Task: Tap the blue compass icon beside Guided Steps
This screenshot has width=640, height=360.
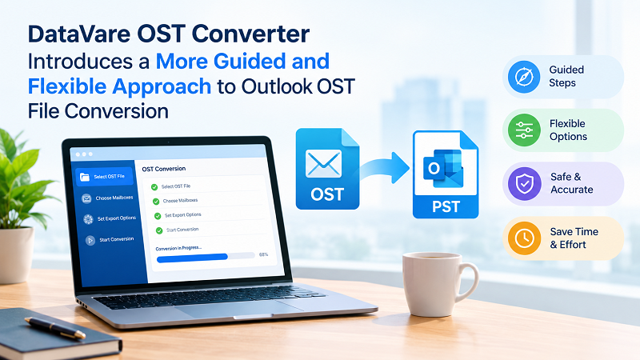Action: pos(524,76)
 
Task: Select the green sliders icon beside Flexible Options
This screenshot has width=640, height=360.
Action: pos(524,130)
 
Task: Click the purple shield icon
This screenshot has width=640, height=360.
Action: pos(524,184)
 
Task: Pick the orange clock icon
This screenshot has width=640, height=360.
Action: pos(524,238)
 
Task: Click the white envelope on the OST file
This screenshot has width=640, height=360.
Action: pos(323,164)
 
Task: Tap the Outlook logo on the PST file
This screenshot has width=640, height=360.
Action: pos(443,168)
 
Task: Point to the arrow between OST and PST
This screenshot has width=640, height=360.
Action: pos(385,168)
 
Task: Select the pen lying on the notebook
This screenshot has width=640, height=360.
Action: pos(55,328)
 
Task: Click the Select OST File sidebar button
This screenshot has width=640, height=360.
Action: pos(105,176)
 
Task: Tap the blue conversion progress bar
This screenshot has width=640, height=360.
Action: pos(192,258)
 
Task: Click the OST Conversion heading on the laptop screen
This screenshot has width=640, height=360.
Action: pos(164,169)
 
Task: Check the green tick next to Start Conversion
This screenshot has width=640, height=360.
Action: pos(159,230)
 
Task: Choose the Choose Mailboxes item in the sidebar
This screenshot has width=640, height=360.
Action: pos(107,198)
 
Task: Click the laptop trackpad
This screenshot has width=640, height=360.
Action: pos(238,308)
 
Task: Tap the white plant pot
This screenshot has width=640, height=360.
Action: pos(15,254)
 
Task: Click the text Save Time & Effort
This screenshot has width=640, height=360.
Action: pos(574,238)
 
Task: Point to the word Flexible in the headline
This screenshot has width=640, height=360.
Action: pos(67,86)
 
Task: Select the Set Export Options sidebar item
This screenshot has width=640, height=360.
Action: pos(110,218)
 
